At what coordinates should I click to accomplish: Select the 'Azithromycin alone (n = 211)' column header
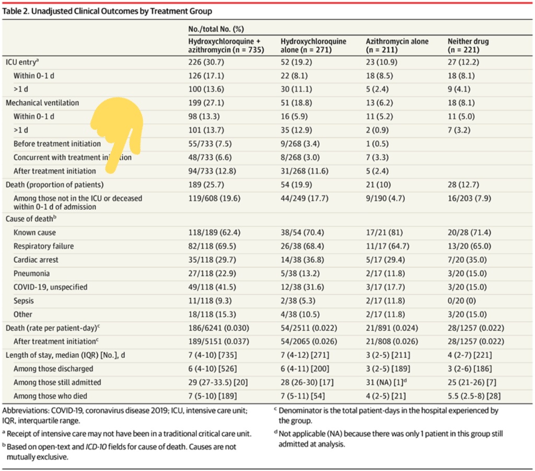[x=397, y=46]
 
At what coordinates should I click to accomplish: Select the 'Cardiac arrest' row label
[x=36, y=260]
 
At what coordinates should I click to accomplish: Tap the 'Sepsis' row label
[x=24, y=301]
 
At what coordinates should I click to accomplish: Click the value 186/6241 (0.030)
[x=219, y=328]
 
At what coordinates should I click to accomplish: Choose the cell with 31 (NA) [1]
[x=387, y=383]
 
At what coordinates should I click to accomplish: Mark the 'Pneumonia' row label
[x=32, y=274]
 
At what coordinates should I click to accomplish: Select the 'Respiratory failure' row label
[x=44, y=246]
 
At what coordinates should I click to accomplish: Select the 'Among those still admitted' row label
[x=57, y=383]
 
